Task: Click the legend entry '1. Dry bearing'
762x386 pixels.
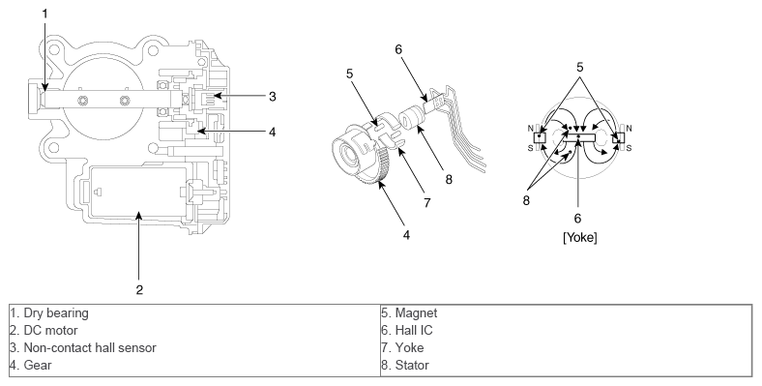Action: tap(49, 313)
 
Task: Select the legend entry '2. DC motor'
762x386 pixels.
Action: tap(44, 331)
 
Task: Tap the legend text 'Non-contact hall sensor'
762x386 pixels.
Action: tap(90, 348)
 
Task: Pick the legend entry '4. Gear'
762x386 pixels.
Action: tap(31, 365)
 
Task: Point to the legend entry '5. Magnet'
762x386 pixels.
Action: tap(409, 313)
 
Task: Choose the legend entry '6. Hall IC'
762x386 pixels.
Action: tap(407, 331)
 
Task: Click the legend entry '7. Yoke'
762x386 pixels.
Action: tap(402, 348)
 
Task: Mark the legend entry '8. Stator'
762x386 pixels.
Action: tap(405, 365)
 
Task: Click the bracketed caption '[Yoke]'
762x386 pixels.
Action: tap(580, 238)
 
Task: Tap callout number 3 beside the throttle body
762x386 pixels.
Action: tap(272, 97)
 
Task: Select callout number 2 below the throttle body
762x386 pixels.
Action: tap(139, 290)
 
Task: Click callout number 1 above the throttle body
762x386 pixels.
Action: tap(45, 15)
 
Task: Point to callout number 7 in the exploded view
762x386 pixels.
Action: tap(427, 202)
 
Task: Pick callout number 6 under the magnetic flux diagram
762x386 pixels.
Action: tap(578, 219)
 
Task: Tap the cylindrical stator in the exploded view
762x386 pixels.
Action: tap(410, 120)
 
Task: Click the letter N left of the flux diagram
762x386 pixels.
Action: tap(530, 129)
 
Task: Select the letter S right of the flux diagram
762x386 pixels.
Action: tap(629, 148)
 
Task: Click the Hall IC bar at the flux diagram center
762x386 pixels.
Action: tap(579, 137)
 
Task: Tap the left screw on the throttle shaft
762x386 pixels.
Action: tap(83, 102)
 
